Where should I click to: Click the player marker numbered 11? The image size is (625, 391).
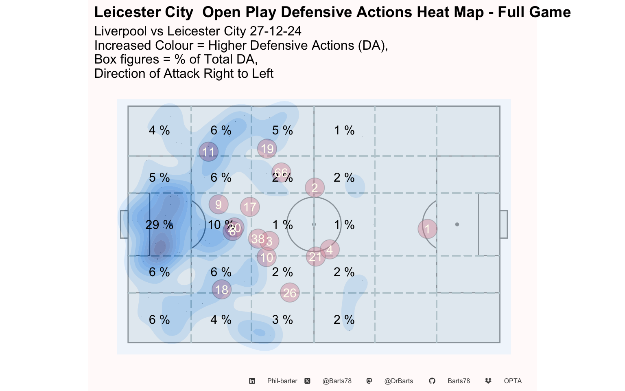click(209, 152)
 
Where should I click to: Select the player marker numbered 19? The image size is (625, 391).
click(267, 149)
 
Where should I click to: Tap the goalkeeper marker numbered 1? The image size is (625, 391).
click(427, 228)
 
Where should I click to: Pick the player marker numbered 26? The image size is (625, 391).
click(290, 292)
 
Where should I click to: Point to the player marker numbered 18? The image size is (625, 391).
click(222, 290)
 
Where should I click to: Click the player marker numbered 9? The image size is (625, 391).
click(219, 204)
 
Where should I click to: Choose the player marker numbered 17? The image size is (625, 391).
click(250, 207)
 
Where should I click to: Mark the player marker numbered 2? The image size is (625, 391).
click(315, 188)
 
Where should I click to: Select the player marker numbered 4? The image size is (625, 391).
click(330, 249)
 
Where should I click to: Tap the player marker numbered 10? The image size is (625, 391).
click(267, 257)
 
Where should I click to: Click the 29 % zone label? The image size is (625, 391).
click(159, 225)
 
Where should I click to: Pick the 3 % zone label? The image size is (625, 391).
click(282, 320)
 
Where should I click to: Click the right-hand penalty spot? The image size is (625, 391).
click(457, 224)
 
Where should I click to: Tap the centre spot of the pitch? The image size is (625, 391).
click(314, 224)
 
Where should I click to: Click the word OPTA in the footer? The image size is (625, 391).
click(513, 381)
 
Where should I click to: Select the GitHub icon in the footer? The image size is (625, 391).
click(432, 381)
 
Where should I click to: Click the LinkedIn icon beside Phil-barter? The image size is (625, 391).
click(252, 381)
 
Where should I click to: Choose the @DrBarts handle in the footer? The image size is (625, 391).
click(399, 381)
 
